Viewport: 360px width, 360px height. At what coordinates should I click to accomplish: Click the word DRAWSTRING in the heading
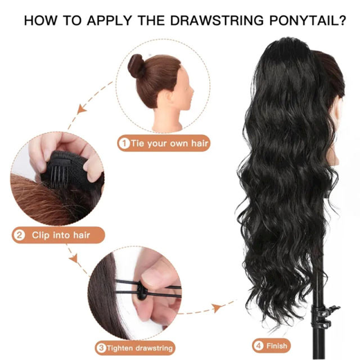[216, 22]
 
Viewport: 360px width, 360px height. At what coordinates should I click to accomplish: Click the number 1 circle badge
[124, 143]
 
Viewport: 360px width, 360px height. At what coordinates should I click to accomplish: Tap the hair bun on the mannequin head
[136, 65]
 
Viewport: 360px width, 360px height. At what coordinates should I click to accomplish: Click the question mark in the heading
[341, 22]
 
